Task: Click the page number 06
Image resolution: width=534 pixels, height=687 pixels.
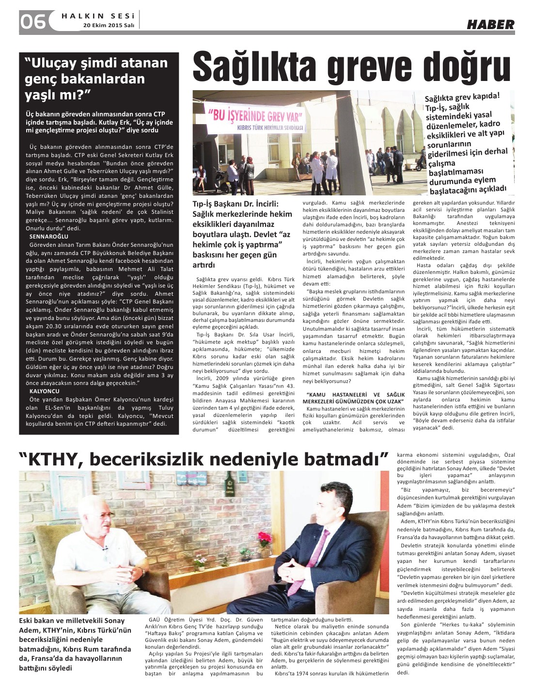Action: pyautogui.click(x=33, y=21)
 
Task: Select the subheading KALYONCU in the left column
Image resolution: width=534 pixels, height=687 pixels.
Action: pyautogui.click(x=44, y=390)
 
